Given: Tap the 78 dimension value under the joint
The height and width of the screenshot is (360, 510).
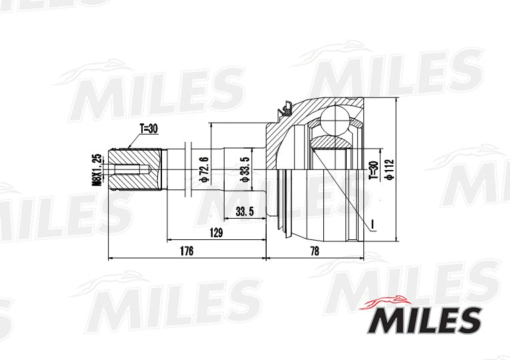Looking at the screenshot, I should tap(315, 251).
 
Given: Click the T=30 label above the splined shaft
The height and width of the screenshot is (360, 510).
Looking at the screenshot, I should tap(148, 129).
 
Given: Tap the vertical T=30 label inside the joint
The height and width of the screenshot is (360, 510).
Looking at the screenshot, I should tap(373, 171).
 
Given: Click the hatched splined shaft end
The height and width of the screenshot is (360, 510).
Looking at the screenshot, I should tap(133, 170).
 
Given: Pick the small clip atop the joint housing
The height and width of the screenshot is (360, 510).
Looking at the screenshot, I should tap(285, 106).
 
